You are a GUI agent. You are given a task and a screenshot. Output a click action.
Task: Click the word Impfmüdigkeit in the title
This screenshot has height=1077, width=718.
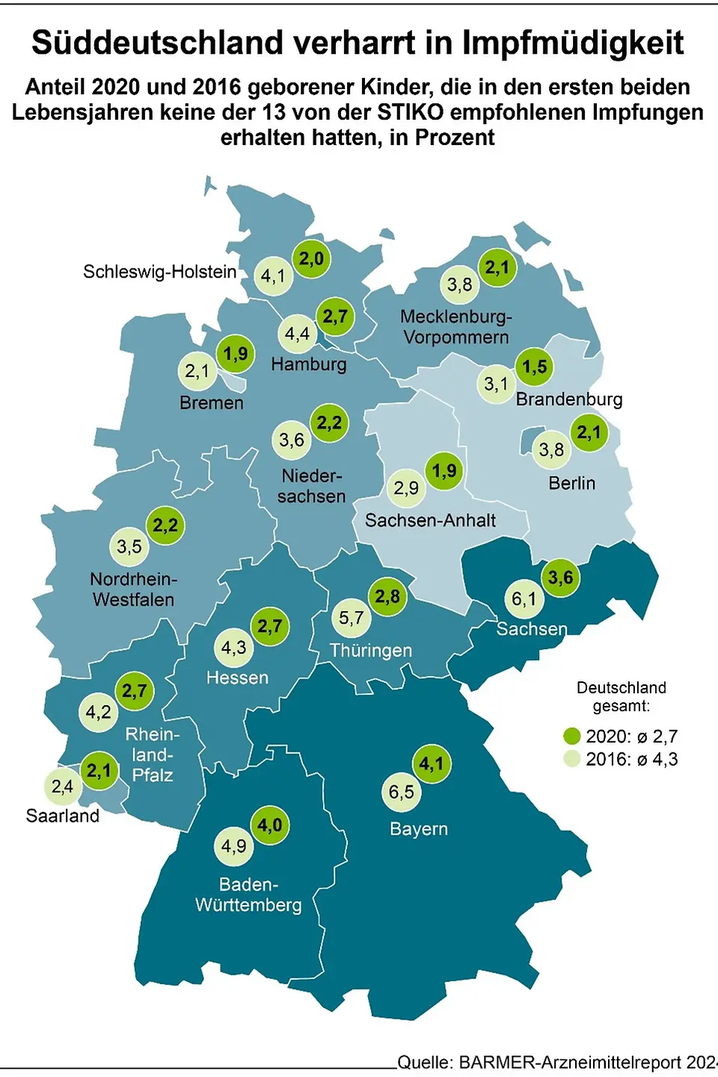[x=572, y=43]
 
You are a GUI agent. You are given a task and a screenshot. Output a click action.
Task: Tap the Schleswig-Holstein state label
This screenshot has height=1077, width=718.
[x=159, y=271]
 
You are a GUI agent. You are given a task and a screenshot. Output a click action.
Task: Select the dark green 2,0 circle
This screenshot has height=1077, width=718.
[x=311, y=259]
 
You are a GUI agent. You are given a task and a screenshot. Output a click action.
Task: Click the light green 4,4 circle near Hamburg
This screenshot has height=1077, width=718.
[x=297, y=334]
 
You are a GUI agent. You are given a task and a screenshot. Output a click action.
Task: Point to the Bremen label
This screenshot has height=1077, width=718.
[x=212, y=403]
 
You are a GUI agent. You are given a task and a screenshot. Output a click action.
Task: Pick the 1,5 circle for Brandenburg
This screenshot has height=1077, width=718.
[x=534, y=366]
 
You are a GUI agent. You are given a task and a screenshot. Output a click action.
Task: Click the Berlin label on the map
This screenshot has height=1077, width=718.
[x=571, y=483]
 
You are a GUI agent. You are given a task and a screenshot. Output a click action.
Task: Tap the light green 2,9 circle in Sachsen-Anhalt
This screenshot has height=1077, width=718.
[x=406, y=488]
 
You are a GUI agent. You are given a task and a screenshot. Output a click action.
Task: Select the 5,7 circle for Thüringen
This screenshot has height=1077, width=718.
[x=351, y=618]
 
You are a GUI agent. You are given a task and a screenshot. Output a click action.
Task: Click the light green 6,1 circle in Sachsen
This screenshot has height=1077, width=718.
[x=524, y=599]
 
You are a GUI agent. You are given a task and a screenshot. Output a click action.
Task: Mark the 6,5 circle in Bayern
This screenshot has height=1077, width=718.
[x=401, y=792]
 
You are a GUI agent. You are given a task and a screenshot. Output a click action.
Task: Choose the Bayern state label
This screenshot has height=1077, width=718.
[x=419, y=829]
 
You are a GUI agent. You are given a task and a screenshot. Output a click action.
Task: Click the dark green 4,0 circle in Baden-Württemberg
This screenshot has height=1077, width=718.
[x=269, y=825]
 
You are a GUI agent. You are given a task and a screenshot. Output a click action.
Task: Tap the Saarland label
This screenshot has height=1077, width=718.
[x=63, y=815]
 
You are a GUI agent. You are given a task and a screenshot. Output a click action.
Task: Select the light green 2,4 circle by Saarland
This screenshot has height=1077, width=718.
[x=62, y=786]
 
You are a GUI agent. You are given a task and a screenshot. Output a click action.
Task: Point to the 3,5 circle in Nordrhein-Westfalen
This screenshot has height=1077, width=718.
[x=129, y=547]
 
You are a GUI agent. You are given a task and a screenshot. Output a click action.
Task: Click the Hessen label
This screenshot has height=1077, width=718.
[x=237, y=678]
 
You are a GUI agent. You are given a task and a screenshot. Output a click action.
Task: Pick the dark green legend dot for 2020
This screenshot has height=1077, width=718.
[x=572, y=736]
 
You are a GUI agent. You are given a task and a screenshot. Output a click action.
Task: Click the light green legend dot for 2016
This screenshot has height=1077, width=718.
[x=572, y=759]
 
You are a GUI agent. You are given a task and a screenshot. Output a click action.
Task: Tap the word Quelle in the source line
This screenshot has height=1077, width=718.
[x=424, y=1063]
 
